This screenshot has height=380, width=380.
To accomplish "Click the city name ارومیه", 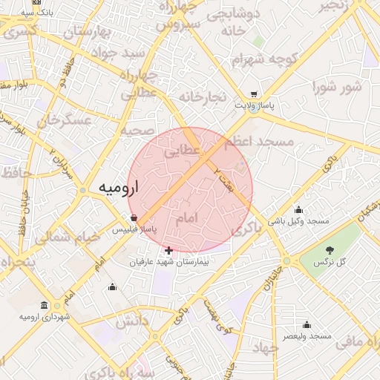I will (119, 189).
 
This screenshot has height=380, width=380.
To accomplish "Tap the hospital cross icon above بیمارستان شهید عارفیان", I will (169, 251).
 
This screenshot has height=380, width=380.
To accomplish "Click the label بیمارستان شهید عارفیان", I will (170, 263).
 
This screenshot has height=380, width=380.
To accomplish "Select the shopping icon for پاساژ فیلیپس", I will (134, 218).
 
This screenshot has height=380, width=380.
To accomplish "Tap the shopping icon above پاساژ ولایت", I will (255, 94).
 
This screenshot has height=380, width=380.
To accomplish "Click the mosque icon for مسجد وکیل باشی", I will (298, 209).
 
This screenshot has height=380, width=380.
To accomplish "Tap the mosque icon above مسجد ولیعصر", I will (307, 324).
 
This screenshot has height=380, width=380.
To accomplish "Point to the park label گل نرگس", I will (331, 263).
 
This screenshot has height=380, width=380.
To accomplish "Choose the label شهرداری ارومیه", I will (45, 317).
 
